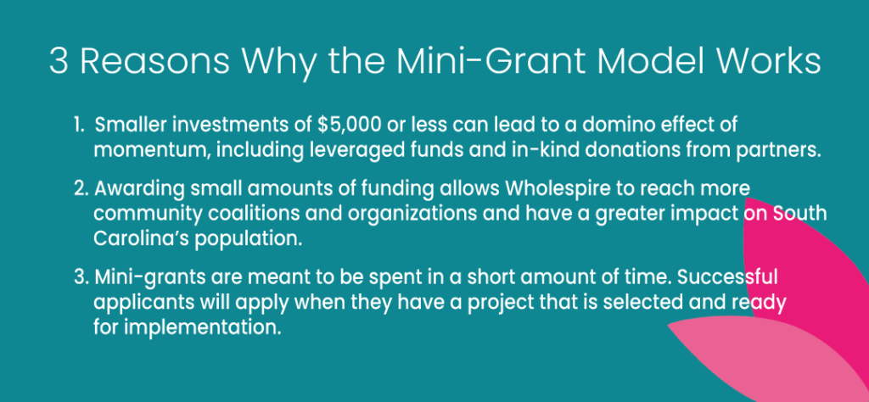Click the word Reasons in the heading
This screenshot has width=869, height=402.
click(154, 61)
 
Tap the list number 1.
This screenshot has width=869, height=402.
click(79, 126)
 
